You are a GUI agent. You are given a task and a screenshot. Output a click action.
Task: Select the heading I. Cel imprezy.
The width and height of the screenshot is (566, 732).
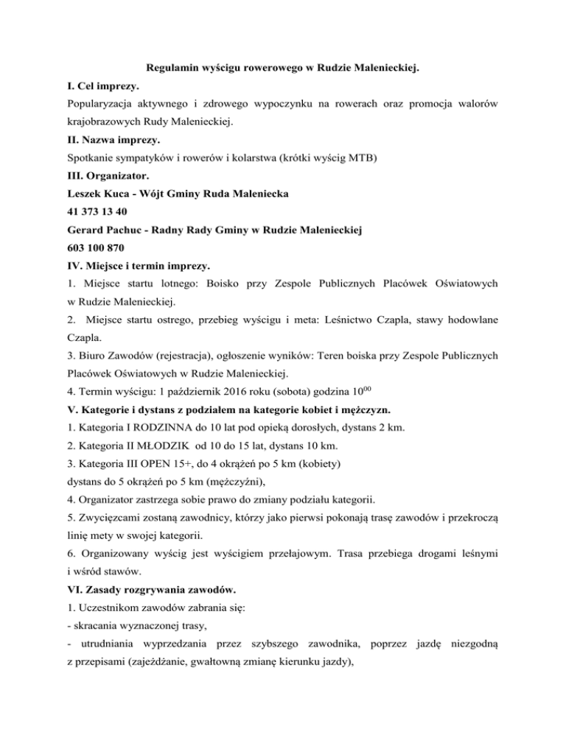[x=106, y=88]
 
